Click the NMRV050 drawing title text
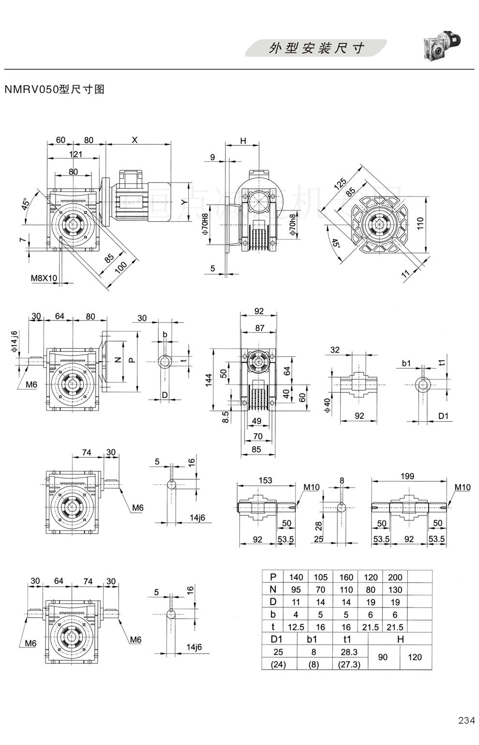pyautogui.click(x=54, y=89)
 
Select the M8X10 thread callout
pyautogui.click(x=44, y=278)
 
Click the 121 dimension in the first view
pyautogui.click(x=75, y=154)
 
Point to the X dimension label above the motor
pyautogui.click(x=135, y=140)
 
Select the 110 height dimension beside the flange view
pyautogui.click(x=420, y=223)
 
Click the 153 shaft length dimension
pyautogui.click(x=265, y=480)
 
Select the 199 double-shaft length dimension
pyautogui.click(x=407, y=476)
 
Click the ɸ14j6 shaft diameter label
pyautogui.click(x=15, y=341)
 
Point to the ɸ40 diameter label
pyautogui.click(x=327, y=405)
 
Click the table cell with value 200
pyautogui.click(x=395, y=577)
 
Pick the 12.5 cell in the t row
pyautogui.click(x=296, y=627)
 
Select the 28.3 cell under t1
pyautogui.click(x=349, y=652)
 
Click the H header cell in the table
pyautogui.click(x=400, y=639)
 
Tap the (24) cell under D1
pyautogui.click(x=278, y=665)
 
